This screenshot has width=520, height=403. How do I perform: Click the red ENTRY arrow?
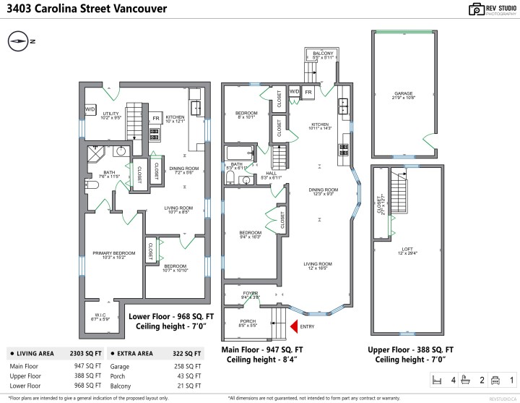point(294,327)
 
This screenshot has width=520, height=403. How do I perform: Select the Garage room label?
point(403,94)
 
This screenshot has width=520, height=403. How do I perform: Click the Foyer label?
point(250,294)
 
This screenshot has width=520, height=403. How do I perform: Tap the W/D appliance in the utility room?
point(90,109)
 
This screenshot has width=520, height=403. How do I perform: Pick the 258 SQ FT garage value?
point(188,367)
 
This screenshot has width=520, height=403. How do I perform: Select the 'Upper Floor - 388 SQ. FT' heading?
point(410,349)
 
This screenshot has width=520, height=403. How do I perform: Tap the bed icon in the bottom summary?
point(436,379)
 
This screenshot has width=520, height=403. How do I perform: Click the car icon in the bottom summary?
point(495,379)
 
